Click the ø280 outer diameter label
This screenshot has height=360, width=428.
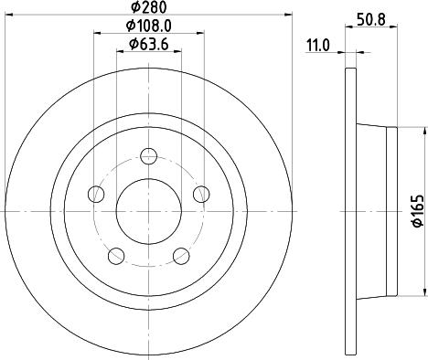click(149, 9)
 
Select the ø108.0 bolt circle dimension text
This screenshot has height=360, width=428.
click(149, 26)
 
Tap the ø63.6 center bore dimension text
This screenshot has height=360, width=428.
click(149, 43)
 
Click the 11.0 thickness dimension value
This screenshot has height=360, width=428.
click(318, 43)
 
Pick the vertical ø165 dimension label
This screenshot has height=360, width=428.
click(414, 212)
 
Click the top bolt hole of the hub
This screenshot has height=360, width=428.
click(148, 156)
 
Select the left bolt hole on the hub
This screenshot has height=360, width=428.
click(95, 194)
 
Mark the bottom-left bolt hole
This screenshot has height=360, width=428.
click(116, 256)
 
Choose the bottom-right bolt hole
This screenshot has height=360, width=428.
click(181, 256)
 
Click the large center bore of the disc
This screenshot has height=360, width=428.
click(148, 211)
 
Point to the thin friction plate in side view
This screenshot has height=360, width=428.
click(348, 211)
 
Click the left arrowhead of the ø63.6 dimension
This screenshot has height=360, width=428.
click(120, 52)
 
